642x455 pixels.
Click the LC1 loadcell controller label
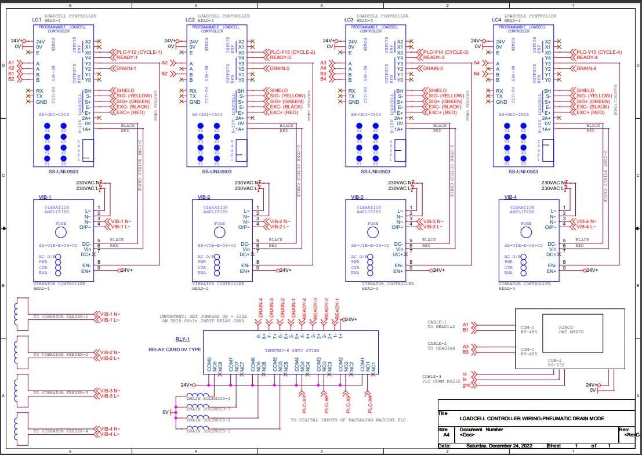click(x=37, y=20)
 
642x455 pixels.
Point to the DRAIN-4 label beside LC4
click(x=586, y=68)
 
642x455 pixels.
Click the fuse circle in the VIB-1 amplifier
click(x=60, y=232)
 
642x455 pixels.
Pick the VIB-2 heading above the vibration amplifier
click(x=204, y=197)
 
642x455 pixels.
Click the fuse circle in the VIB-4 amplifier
click(x=525, y=232)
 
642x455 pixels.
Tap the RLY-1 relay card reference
click(x=183, y=340)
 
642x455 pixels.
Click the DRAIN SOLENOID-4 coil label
click(x=209, y=398)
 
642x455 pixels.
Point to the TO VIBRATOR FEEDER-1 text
click(x=60, y=316)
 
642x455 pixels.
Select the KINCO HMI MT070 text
click(x=571, y=330)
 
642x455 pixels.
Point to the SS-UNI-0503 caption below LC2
click(x=216, y=172)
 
